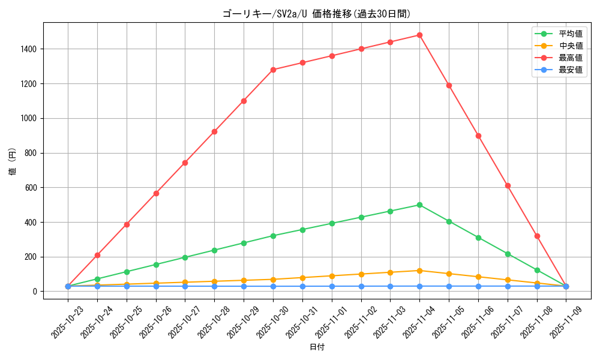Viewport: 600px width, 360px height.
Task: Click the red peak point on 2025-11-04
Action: [x=419, y=35]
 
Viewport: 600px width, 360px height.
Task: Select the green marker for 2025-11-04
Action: [x=419, y=205]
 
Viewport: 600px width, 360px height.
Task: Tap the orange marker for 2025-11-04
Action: [x=419, y=271]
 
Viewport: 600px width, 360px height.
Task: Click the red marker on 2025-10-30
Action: [x=273, y=70]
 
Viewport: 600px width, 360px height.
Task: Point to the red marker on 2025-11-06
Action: [x=478, y=136]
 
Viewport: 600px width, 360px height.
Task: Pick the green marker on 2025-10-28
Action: [x=214, y=250]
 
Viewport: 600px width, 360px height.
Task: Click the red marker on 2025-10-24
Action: [x=97, y=255]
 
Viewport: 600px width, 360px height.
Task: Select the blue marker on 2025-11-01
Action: [x=332, y=286]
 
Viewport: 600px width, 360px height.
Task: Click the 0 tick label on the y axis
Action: [x=35, y=292]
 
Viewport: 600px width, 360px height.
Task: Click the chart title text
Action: [x=316, y=14]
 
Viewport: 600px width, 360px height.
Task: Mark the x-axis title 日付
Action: [x=316, y=347]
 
